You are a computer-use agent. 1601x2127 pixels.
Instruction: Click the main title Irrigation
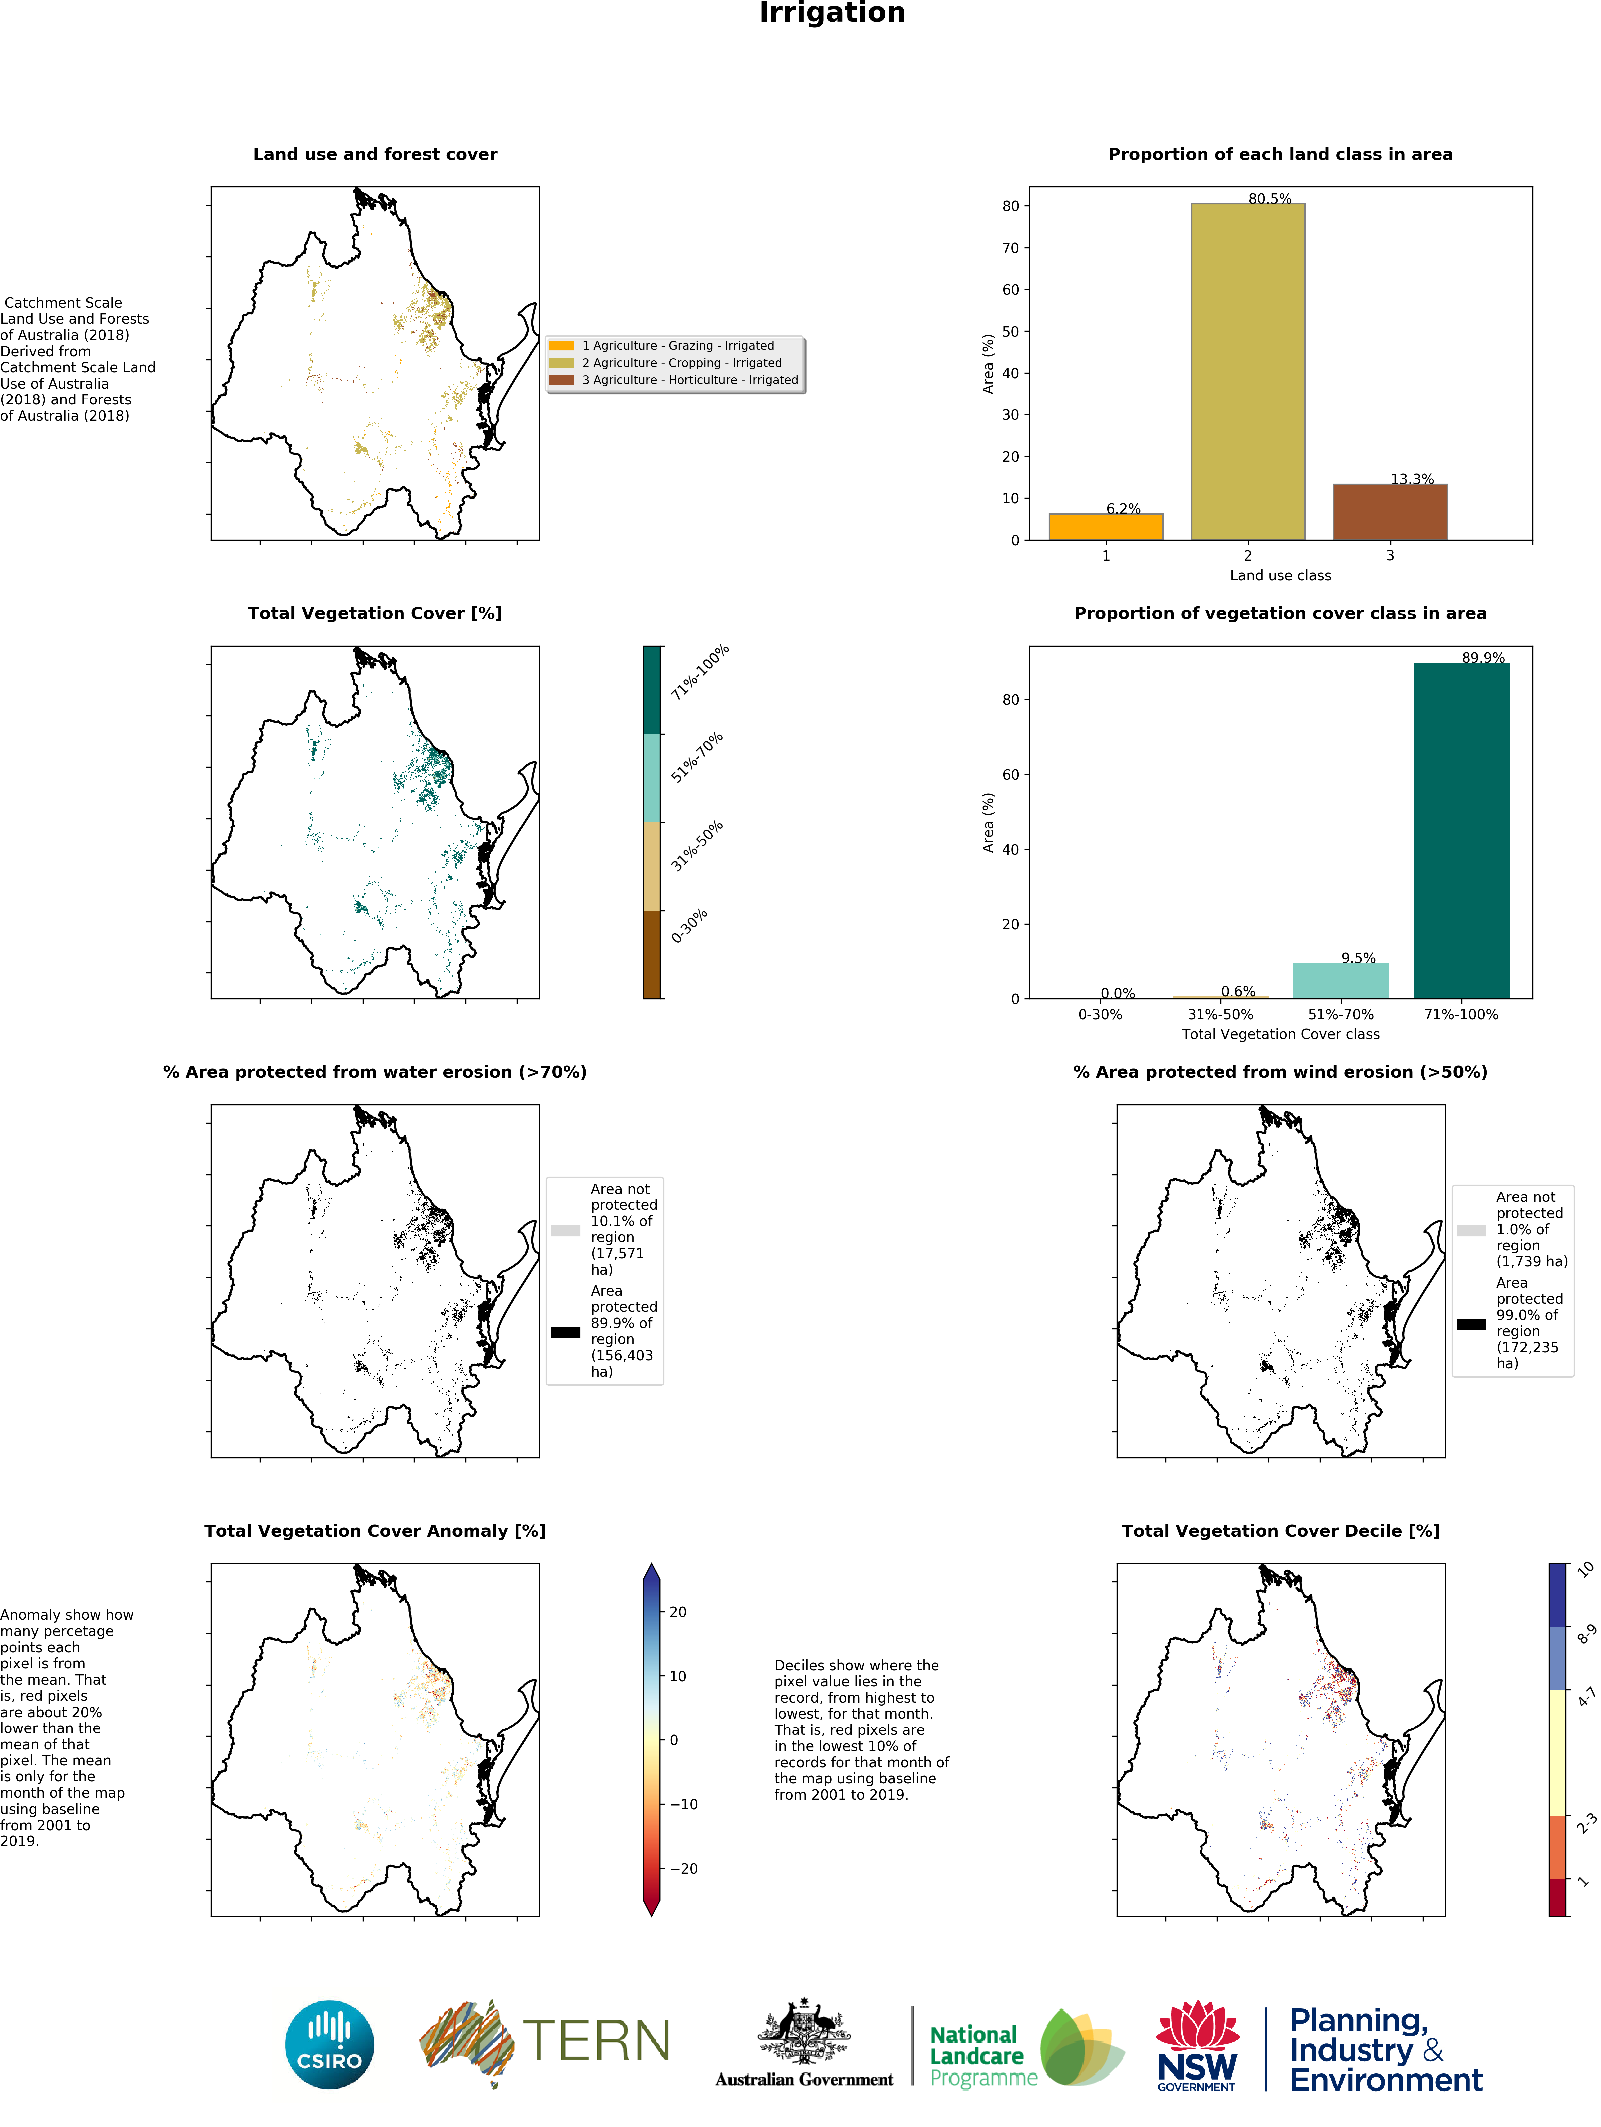[832, 13]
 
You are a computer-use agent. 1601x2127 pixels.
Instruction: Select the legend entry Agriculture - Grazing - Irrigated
[677, 345]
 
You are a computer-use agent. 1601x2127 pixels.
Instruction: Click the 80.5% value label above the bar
[1269, 199]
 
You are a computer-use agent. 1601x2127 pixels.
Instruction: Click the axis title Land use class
[1280, 575]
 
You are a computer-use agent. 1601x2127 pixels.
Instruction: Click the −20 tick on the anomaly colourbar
[684, 1868]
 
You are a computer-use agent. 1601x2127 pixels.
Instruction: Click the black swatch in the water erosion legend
[565, 1332]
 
